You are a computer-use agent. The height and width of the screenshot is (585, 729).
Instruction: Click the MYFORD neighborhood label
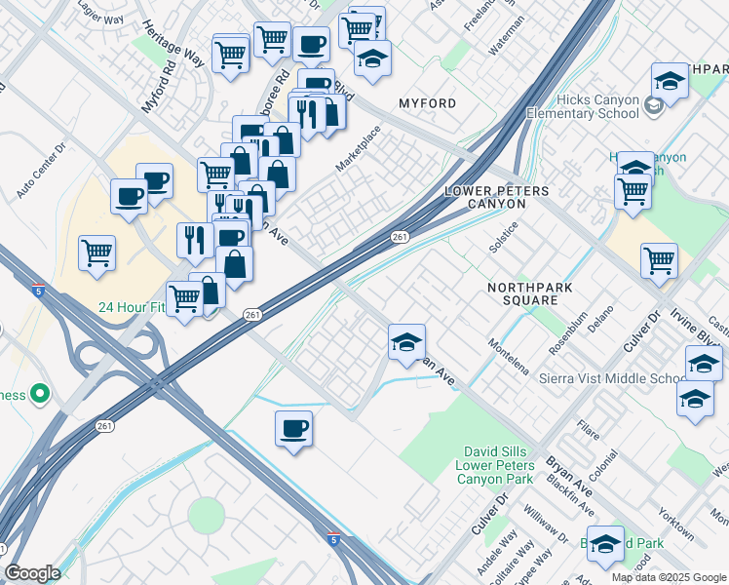point(427,103)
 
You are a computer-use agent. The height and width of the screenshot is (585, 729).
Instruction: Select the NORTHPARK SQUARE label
point(529,295)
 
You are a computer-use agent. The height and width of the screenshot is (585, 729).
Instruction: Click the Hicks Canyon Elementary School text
point(583,107)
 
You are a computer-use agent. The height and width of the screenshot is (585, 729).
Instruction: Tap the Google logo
point(32,573)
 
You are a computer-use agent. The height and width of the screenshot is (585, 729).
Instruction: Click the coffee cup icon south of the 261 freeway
point(293,429)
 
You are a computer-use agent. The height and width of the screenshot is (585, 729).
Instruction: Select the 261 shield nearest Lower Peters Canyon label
point(400,237)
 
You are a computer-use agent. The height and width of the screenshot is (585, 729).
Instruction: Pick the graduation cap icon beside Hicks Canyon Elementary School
point(670,81)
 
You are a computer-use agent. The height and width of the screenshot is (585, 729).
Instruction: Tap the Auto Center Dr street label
point(40,173)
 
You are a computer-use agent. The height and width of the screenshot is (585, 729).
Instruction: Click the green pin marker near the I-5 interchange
point(39,395)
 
